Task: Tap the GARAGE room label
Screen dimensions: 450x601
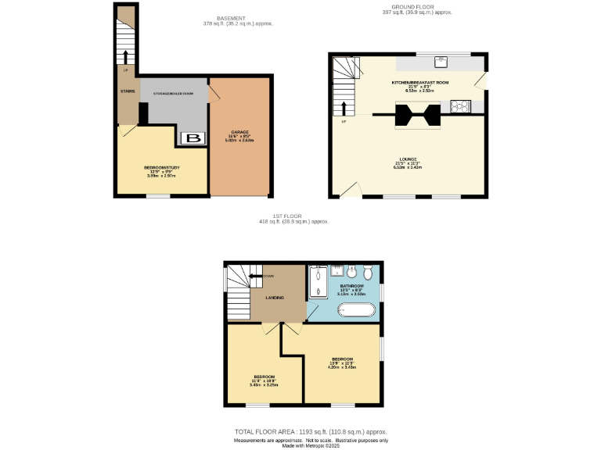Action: pyautogui.click(x=240, y=132)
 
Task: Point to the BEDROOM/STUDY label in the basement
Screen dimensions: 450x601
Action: pyautogui.click(x=162, y=167)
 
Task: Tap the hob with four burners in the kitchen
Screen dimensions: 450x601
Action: pyautogui.click(x=460, y=106)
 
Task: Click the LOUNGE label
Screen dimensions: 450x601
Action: pyautogui.click(x=408, y=159)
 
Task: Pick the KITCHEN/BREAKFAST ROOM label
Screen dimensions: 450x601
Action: pyautogui.click(x=420, y=82)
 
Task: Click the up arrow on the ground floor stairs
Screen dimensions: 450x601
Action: pyautogui.click(x=343, y=106)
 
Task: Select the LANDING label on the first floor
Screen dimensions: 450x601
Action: pyautogui.click(x=274, y=298)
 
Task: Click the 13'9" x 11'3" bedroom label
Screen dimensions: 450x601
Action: pyautogui.click(x=343, y=359)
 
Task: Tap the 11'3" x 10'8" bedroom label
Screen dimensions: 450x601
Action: pyautogui.click(x=262, y=377)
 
